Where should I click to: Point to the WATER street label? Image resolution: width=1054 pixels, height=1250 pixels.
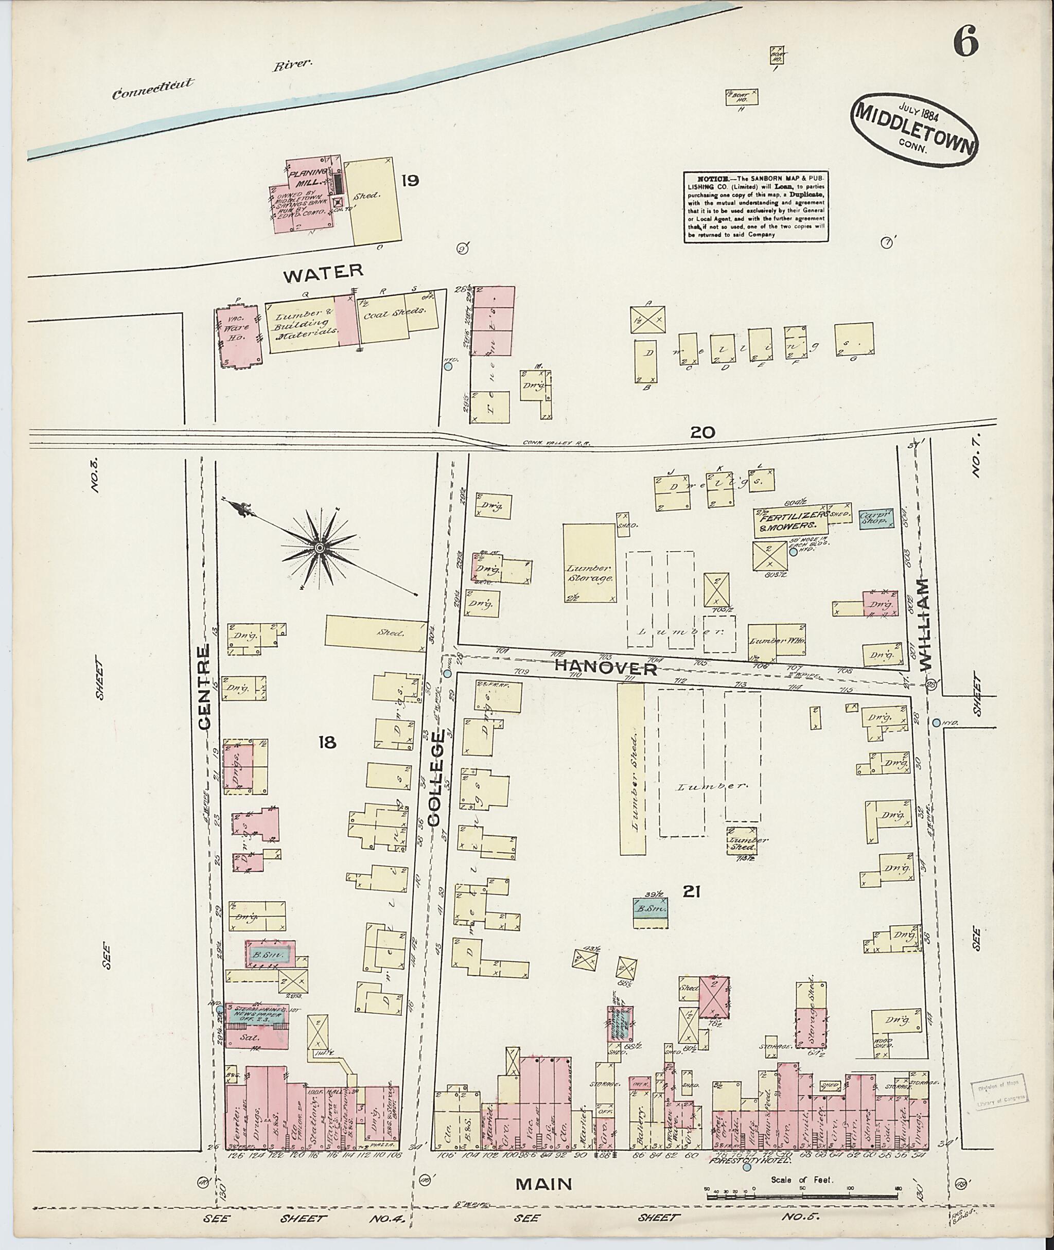click(x=323, y=272)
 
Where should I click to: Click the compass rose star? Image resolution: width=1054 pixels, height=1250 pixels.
click(x=320, y=548)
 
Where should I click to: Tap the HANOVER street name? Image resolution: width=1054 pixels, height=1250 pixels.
click(x=605, y=667)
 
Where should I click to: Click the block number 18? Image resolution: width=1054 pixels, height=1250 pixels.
click(x=327, y=743)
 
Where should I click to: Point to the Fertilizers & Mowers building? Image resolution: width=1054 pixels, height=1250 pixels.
click(x=789, y=522)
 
